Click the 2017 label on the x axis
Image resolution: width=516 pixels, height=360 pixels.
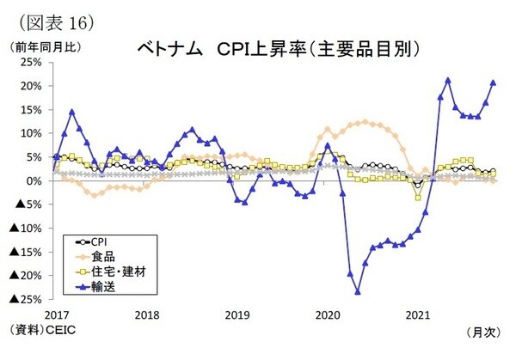tap(56, 314)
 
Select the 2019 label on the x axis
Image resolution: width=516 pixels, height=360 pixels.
tap(236, 314)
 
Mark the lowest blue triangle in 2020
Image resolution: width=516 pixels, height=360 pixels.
tap(357, 291)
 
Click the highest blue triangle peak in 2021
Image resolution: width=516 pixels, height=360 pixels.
tap(448, 81)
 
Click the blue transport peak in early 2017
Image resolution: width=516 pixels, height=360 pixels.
tap(72, 112)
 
